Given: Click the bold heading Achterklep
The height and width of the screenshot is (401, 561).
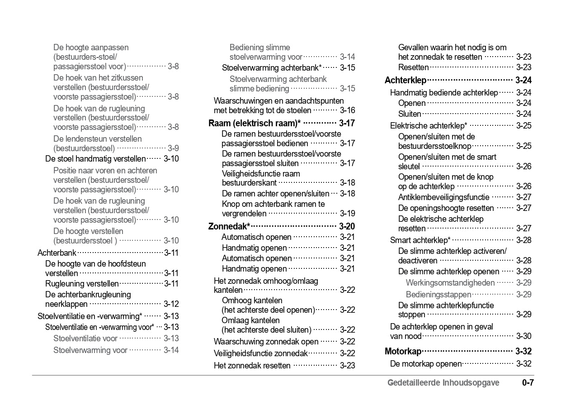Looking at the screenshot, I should (405, 81).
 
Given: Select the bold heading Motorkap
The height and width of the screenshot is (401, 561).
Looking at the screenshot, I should (403, 352).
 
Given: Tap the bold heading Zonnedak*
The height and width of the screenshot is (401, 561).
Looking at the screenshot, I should (229, 226).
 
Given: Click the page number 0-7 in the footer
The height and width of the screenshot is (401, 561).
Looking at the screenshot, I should (528, 383).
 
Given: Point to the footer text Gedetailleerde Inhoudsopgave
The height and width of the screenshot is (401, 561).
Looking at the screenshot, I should (443, 383).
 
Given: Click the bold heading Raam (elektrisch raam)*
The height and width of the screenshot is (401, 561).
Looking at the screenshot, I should (255, 123).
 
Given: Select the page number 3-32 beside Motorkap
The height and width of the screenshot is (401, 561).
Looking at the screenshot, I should (523, 352).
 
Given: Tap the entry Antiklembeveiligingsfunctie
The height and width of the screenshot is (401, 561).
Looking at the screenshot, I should (443, 197).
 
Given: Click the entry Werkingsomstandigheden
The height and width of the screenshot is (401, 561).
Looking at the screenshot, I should (450, 283).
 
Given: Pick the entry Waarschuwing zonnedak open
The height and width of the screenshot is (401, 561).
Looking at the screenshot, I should (266, 342).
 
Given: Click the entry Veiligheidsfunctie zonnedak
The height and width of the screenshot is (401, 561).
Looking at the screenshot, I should (260, 353).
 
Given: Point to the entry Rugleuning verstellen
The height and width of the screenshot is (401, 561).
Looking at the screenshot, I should (82, 284).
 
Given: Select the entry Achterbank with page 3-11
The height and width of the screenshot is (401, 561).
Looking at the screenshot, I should (57, 253).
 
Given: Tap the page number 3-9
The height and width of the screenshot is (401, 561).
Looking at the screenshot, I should (173, 148).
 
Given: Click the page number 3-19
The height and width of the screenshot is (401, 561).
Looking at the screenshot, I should (347, 214).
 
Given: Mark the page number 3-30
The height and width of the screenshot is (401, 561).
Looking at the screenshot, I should (523, 336).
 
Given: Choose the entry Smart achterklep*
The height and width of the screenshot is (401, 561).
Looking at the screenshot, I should (420, 240).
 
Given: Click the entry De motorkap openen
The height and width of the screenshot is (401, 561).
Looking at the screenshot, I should (426, 364).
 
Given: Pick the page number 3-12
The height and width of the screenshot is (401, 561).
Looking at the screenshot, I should (171, 304).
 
